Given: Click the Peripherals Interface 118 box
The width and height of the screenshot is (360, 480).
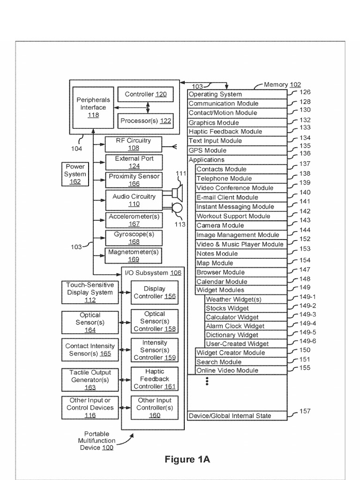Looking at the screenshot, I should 93,107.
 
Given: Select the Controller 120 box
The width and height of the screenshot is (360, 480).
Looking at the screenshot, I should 145,94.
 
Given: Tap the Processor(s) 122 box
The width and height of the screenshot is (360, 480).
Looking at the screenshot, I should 145,121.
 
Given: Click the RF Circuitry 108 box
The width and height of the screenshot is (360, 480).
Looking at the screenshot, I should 134,144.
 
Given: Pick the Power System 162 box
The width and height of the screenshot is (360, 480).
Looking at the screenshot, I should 75,174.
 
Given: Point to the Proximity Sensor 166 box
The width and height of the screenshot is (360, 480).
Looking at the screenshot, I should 134,180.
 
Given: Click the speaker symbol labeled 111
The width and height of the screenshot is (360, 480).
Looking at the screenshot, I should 177,193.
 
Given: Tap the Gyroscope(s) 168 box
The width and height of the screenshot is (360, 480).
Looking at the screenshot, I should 134,238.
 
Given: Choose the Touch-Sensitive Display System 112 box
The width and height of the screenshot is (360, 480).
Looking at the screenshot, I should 90,292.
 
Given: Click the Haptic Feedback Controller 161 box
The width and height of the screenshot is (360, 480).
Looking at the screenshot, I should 154,379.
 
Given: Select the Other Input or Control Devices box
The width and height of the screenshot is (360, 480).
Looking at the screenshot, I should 90,408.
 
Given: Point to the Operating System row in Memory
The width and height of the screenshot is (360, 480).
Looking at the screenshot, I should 237,94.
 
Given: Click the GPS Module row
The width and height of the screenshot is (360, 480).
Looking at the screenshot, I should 237,150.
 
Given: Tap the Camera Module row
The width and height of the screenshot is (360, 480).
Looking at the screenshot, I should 240,225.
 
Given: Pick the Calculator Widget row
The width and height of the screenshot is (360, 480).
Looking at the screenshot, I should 245,317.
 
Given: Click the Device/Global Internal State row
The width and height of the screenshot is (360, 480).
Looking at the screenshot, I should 237,416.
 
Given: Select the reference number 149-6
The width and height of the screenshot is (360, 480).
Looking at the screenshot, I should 307,341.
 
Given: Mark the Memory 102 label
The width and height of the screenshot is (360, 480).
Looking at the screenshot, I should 282,85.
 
